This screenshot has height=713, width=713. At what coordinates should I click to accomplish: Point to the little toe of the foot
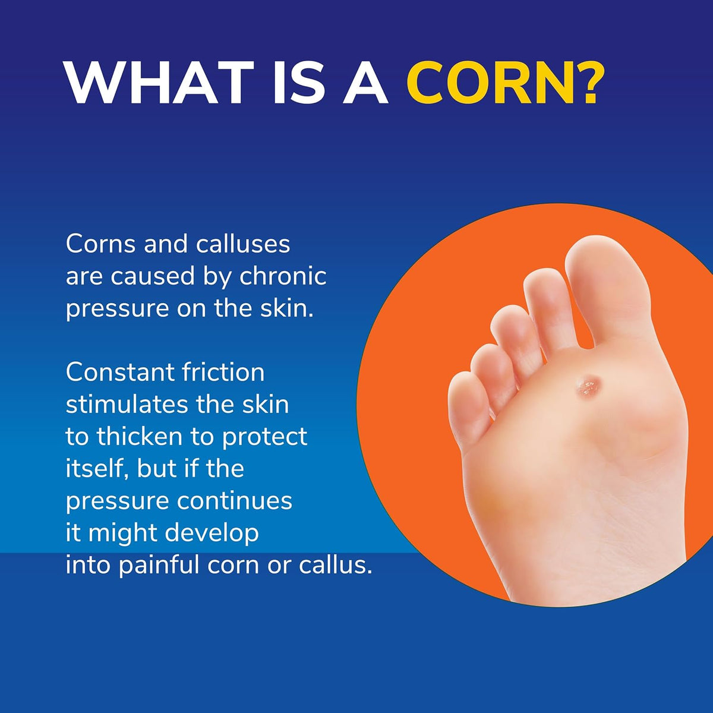469,410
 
